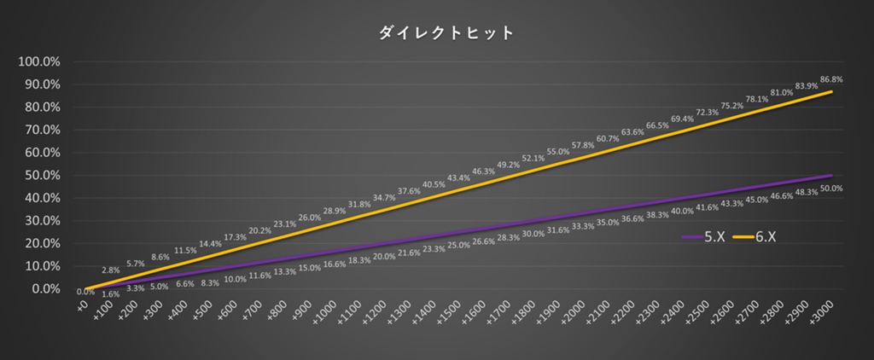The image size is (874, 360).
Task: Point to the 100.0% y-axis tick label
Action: pyautogui.click(x=39, y=62)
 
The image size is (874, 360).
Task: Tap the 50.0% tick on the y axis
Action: pyautogui.click(x=42, y=176)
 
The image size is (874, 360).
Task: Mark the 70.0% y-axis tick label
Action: pyautogui.click(x=42, y=131)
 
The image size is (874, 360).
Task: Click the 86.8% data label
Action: pyautogui.click(x=830, y=79)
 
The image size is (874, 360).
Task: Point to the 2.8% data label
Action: pyautogui.click(x=110, y=270)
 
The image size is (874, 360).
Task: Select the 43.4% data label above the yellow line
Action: pyautogui.click(x=459, y=178)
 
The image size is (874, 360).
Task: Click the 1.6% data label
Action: pyautogui.click(x=110, y=294)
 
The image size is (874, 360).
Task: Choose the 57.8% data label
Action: pyautogui.click(x=582, y=146)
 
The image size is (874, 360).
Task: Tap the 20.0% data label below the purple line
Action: pyautogui.click(x=384, y=257)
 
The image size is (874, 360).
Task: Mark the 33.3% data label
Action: pyautogui.click(x=583, y=226)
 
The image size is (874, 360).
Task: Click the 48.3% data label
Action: pyautogui.click(x=806, y=193)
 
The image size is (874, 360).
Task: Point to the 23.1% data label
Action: pyautogui.click(x=285, y=224)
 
